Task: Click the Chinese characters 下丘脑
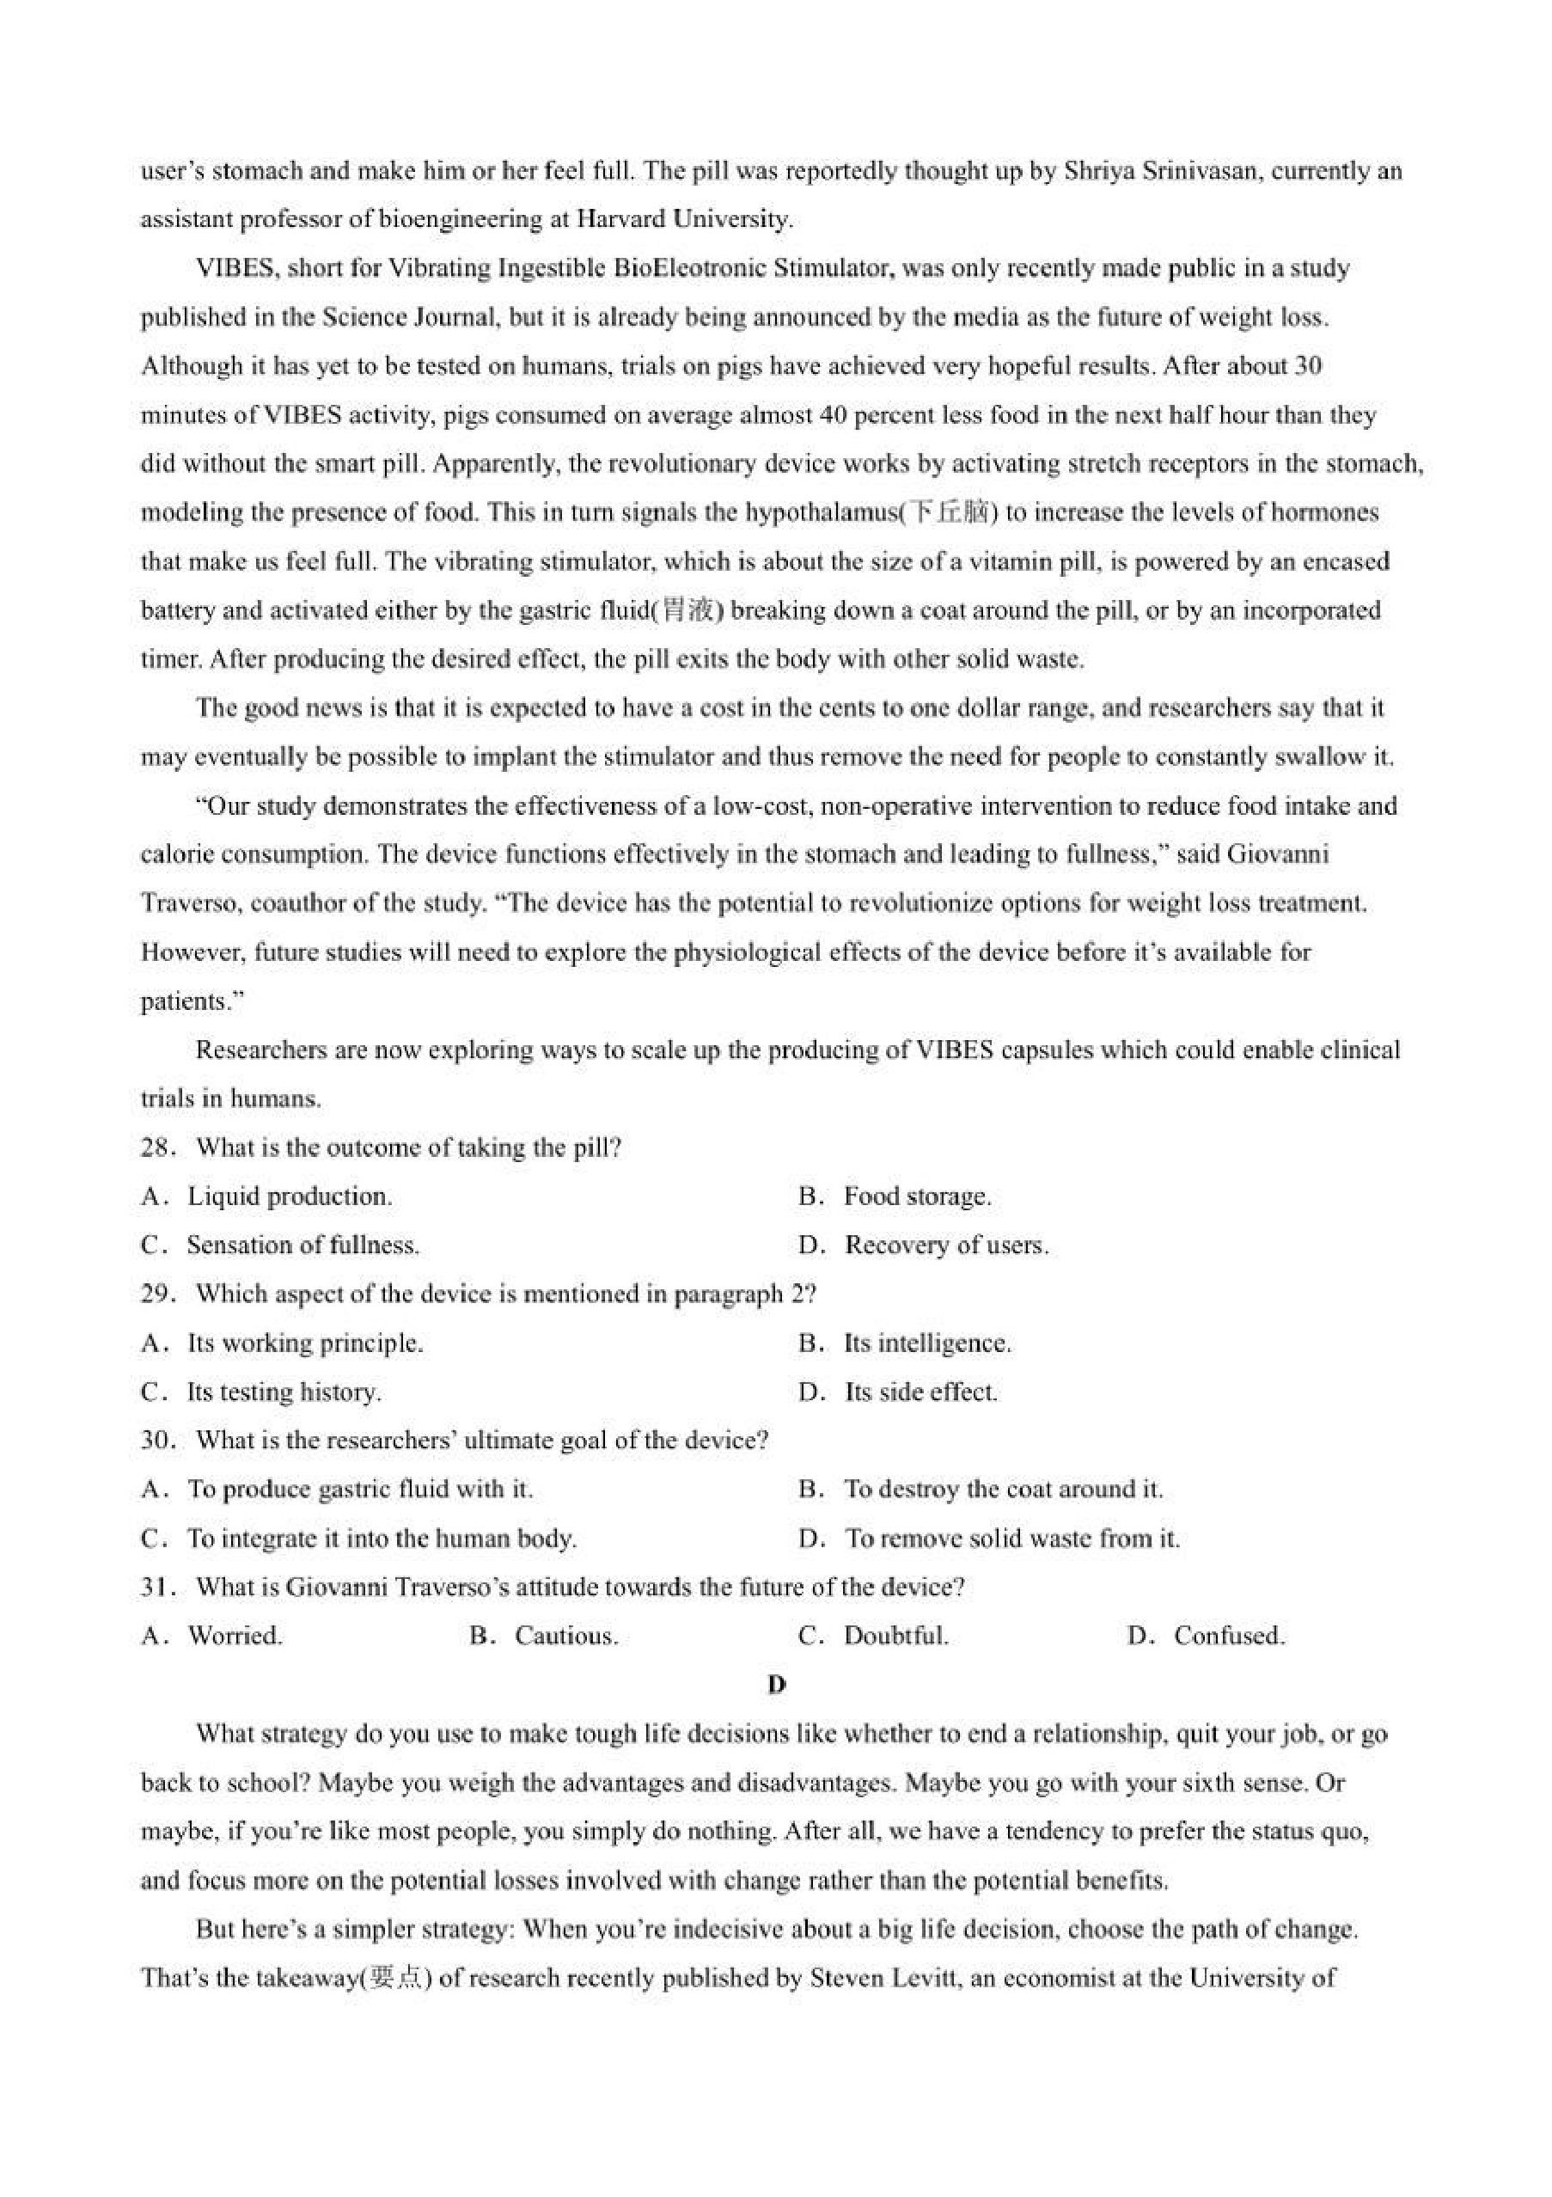point(950,513)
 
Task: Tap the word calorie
point(168,854)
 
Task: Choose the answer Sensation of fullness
point(302,1245)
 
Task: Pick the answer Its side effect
point(920,1392)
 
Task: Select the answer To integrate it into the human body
point(381,1538)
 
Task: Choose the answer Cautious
point(566,1636)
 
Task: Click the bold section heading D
point(776,1684)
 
